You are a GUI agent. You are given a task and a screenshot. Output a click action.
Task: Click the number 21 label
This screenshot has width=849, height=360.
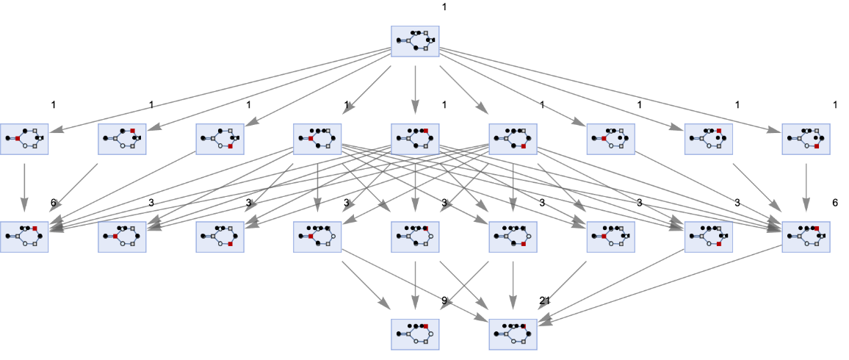pos(544,300)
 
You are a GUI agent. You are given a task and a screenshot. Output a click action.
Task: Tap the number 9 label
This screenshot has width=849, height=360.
pos(444,300)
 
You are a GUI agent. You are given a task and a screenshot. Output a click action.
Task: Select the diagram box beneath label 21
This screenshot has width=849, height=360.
pos(513,334)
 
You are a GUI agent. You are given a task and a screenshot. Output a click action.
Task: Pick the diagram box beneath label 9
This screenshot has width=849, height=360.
pos(415,334)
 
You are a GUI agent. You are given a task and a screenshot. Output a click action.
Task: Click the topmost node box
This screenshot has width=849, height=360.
pos(415,41)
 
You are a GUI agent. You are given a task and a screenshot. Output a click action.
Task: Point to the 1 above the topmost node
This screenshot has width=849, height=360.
pos(444,7)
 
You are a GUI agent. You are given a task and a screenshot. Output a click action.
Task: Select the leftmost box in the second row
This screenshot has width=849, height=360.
pos(24,138)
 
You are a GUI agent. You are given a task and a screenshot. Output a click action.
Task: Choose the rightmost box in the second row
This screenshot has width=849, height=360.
pos(806,138)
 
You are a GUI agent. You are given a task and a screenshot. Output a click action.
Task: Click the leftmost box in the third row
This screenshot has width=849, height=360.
pos(24,236)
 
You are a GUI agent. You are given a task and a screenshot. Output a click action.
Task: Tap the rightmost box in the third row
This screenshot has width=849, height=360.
pos(806,236)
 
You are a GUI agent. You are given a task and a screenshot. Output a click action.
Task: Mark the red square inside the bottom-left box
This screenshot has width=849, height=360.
pos(425,326)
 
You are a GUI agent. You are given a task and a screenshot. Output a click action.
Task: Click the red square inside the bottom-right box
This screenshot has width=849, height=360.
pos(523,326)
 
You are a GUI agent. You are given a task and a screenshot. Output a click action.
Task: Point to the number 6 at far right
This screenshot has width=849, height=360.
pos(834,202)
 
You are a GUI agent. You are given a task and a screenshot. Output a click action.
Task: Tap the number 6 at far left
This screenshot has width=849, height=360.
pos(53,202)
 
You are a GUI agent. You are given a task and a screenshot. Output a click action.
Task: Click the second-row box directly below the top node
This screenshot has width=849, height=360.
pos(415,138)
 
